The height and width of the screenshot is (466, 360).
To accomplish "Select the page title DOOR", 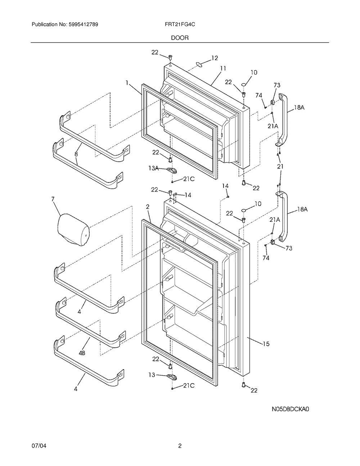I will point(180,37).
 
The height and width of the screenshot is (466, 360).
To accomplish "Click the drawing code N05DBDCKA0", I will point(291,409).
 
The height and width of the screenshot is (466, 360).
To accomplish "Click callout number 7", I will point(53,199).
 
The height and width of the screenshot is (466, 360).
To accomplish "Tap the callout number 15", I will point(266,344).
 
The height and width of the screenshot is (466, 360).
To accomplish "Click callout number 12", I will point(215,58).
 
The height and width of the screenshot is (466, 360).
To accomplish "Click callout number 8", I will point(76,154).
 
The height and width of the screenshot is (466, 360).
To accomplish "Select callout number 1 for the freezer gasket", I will point(127,82).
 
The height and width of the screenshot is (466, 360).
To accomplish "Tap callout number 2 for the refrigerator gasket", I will point(148,207).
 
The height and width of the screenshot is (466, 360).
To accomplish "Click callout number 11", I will point(223,68).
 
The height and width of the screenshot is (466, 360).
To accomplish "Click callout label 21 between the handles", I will point(280,166).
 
